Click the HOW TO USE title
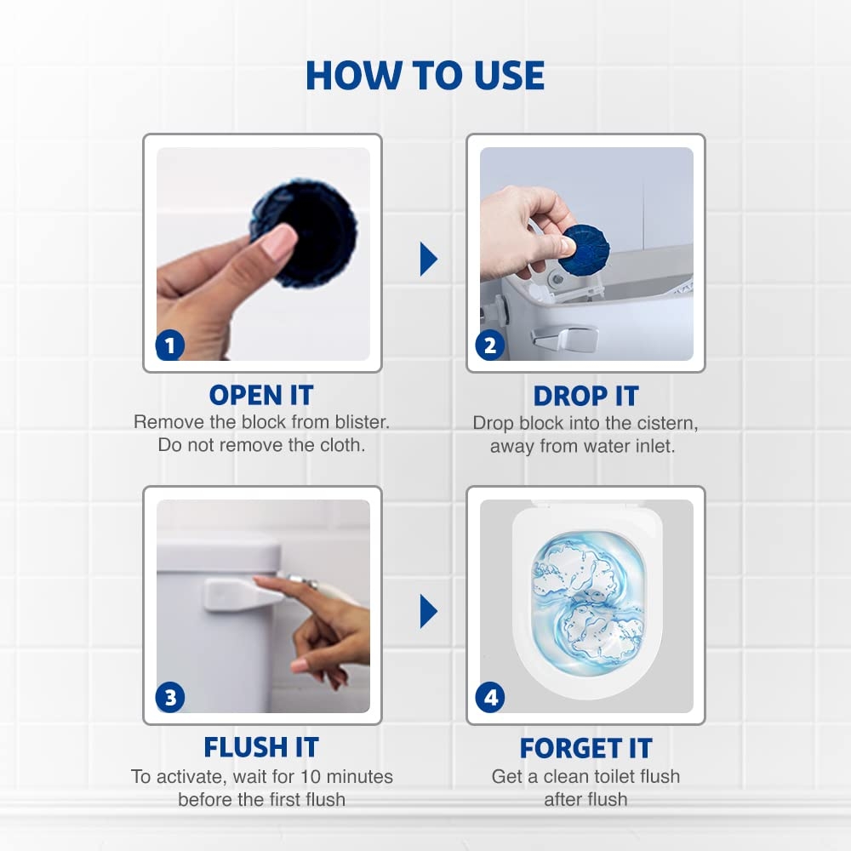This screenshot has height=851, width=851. [x=425, y=75]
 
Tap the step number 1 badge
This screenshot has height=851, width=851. [x=170, y=346]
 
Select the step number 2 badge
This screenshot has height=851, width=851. [x=489, y=346]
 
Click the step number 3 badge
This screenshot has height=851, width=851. [x=170, y=698]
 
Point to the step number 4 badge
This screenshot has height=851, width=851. [x=490, y=698]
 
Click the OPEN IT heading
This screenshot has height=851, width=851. [x=261, y=396]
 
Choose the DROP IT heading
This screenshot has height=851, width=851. [x=585, y=396]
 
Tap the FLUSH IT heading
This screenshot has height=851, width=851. [x=261, y=747]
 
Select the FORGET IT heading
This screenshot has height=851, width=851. [x=585, y=748]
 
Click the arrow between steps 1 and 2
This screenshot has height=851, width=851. [x=428, y=259]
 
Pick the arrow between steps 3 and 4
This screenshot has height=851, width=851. [x=428, y=611]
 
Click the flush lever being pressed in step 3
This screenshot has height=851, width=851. [x=243, y=593]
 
